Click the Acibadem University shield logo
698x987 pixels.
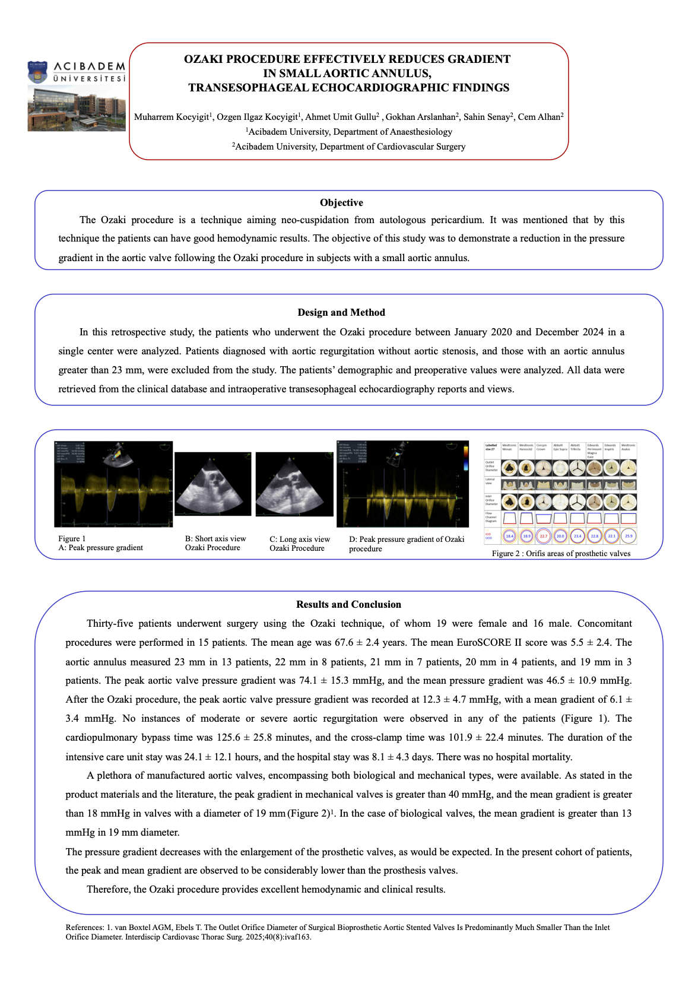click(37, 72)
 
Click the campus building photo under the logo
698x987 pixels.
click(77, 108)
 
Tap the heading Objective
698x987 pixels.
click(341, 203)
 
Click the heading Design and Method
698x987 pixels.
click(341, 313)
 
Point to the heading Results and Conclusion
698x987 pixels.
click(348, 605)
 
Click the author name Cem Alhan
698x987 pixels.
click(541, 117)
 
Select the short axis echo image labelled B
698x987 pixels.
click(212, 484)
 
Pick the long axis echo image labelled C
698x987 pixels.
click(294, 484)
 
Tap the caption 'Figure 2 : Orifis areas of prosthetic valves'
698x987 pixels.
click(561, 554)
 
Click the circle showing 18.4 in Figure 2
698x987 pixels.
click(509, 536)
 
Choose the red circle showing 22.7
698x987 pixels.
click(543, 536)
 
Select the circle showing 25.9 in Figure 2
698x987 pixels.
click(629, 536)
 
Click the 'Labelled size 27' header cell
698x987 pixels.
click(491, 447)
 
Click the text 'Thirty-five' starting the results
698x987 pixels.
click(107, 624)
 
